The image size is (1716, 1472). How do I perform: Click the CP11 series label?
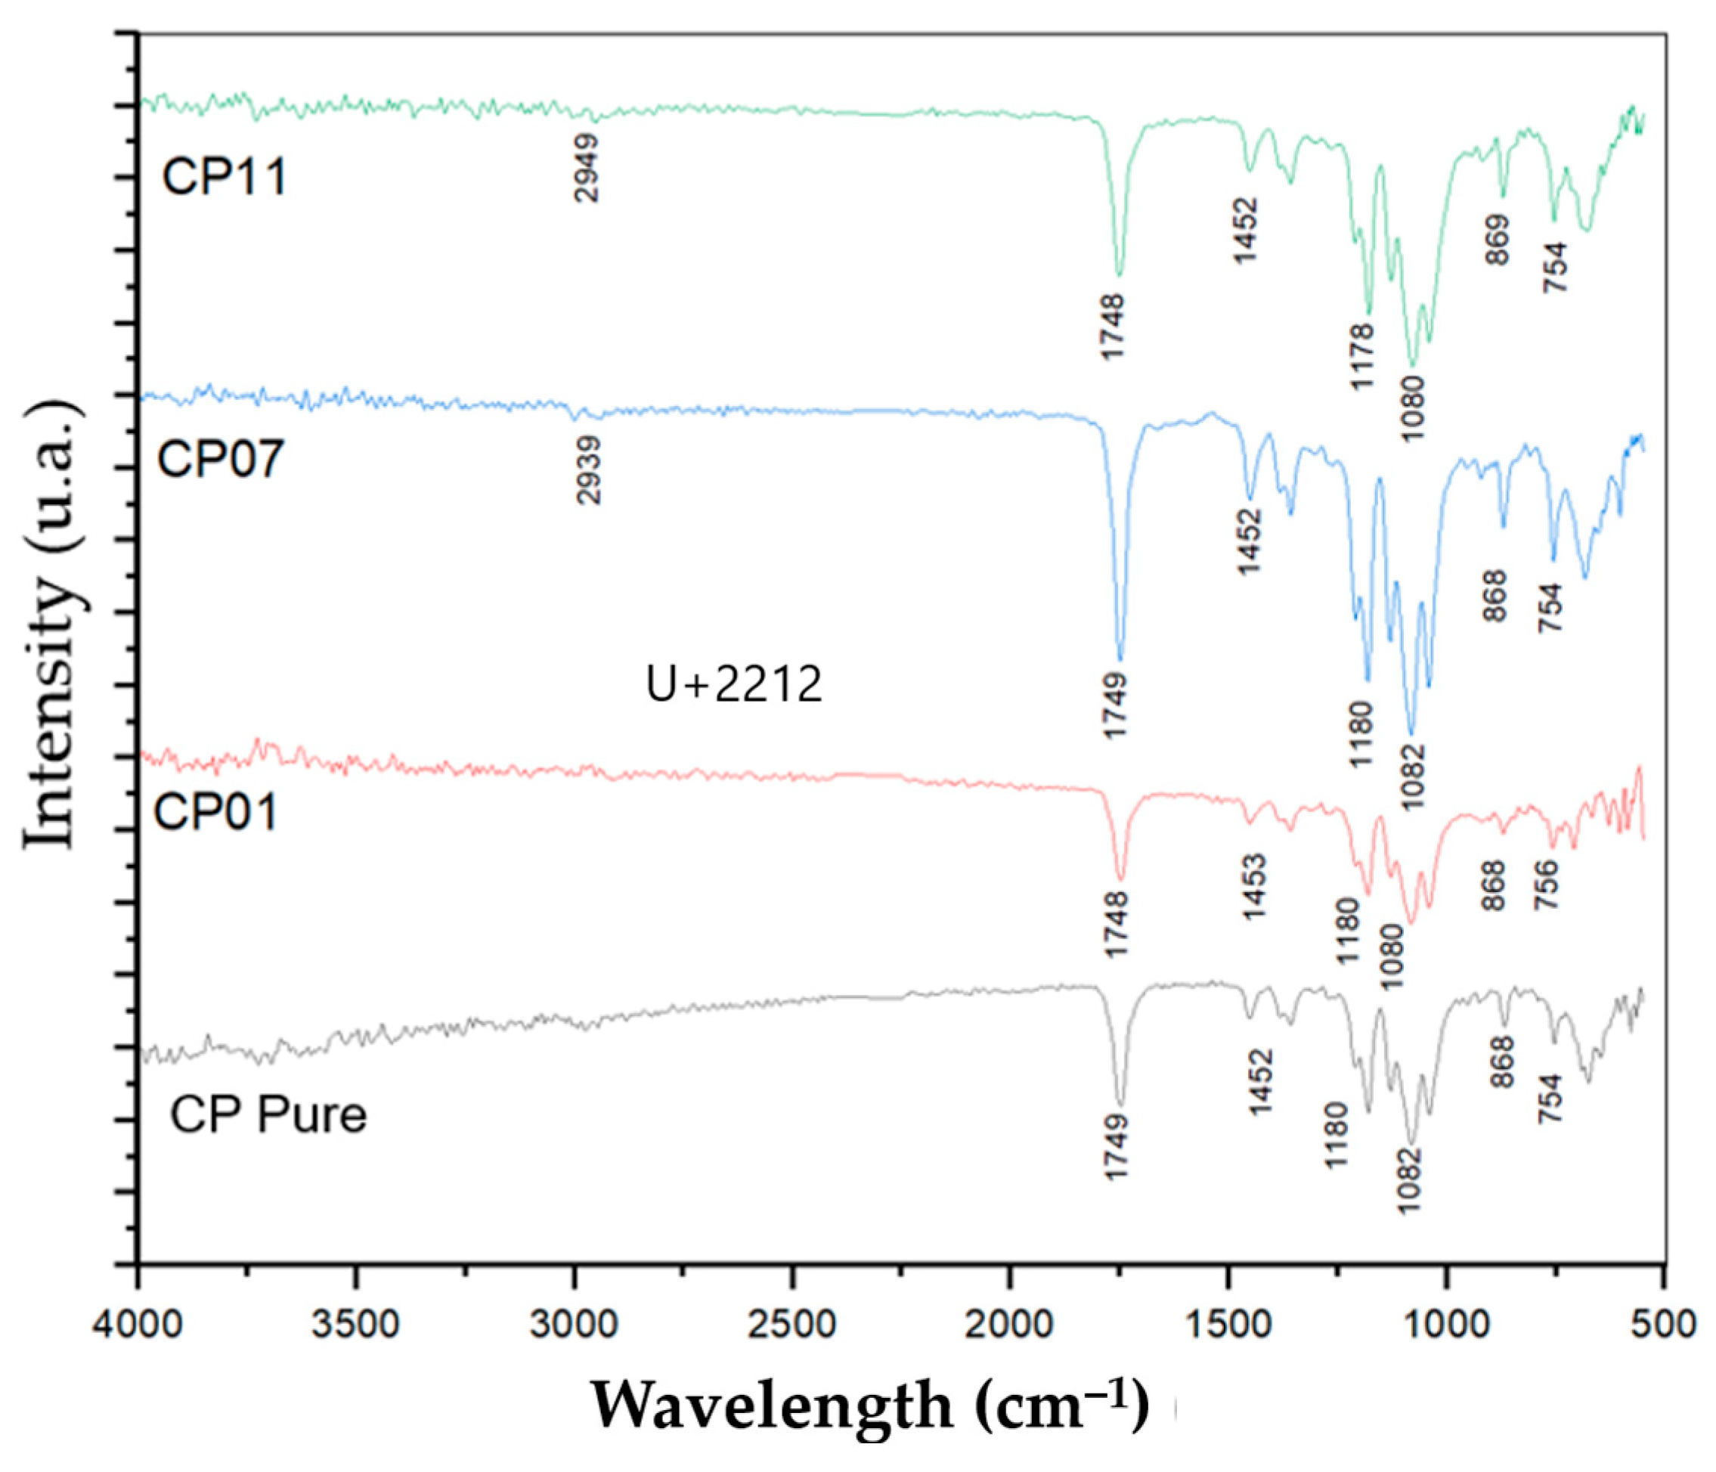[225, 176]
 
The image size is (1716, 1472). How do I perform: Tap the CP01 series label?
[215, 812]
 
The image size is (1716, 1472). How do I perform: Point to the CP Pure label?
[268, 1114]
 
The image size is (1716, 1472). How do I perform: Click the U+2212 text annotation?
[734, 685]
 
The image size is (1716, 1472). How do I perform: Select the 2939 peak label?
[589, 470]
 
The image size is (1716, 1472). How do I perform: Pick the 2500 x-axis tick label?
[791, 1325]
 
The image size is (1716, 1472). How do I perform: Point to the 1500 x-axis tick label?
[1228, 1325]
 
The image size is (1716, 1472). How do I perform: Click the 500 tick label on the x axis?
[1665, 1325]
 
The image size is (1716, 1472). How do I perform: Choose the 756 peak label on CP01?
[1545, 885]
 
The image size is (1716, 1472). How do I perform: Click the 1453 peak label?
[1255, 887]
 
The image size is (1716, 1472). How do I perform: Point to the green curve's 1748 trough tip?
[1120, 275]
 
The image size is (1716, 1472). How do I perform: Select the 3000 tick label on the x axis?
[574, 1325]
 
